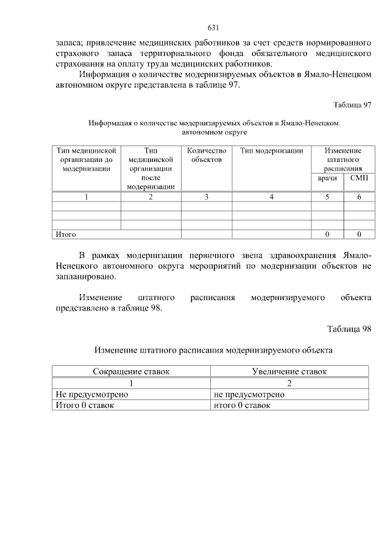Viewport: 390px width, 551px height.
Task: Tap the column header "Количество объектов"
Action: [x=207, y=155]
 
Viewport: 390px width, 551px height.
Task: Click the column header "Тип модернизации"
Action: [x=271, y=151]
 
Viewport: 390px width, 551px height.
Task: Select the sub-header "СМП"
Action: [x=359, y=179]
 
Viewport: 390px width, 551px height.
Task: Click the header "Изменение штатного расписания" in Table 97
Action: [x=343, y=160]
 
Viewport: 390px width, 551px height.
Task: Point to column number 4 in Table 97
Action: [x=271, y=197]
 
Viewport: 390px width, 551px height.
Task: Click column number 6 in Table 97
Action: [x=359, y=197]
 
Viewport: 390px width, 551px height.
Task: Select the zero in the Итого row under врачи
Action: [x=328, y=234]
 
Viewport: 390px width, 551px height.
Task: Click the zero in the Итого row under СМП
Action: [x=359, y=234]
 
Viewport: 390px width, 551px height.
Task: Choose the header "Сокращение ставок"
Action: [x=131, y=371]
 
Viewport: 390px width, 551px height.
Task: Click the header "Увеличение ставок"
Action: [x=289, y=371]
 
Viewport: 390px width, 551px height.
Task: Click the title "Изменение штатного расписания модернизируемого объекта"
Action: [x=213, y=350]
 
